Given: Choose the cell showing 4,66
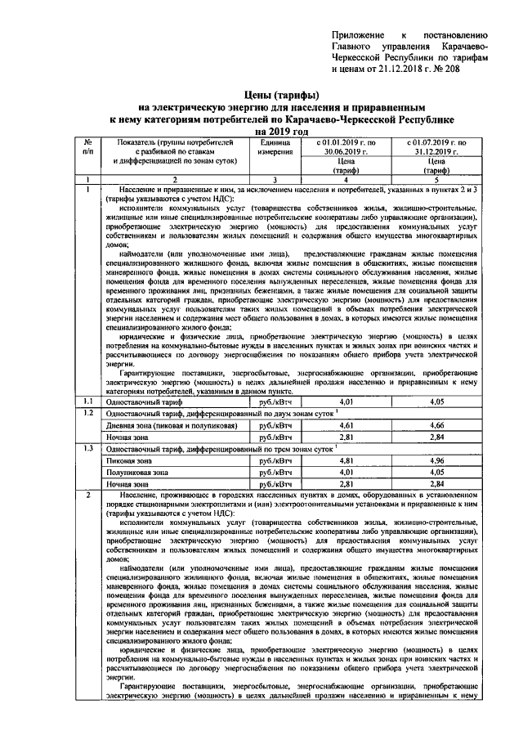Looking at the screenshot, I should (x=436, y=426).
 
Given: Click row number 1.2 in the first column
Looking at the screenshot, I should (x=87, y=414).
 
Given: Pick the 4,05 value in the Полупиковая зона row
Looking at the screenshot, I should (x=436, y=473).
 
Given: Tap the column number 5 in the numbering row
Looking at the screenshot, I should (x=436, y=179).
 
